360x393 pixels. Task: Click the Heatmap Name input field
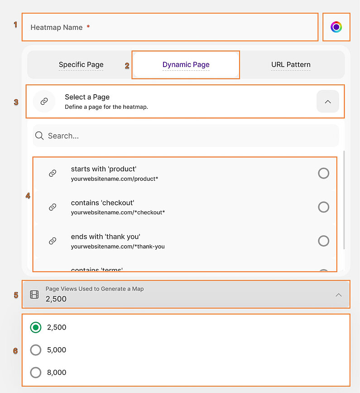(x=170, y=27)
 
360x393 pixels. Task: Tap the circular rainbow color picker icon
(x=336, y=27)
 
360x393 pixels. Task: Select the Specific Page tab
(x=81, y=64)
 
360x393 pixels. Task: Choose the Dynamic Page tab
(x=186, y=64)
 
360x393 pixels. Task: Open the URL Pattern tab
(x=291, y=64)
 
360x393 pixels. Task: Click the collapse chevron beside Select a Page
(x=328, y=102)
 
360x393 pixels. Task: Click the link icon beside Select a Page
(x=44, y=102)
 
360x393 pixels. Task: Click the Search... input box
(x=190, y=136)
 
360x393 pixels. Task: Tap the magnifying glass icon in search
(x=40, y=136)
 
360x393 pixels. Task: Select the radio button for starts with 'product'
(x=323, y=173)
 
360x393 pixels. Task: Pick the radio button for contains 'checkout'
(x=323, y=207)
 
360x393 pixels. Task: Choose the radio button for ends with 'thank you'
(x=323, y=241)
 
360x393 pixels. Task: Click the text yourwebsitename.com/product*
(x=114, y=179)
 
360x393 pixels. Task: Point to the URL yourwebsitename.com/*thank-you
(x=118, y=247)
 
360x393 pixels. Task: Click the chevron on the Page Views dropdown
(x=338, y=295)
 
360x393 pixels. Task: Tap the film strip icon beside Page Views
(x=34, y=295)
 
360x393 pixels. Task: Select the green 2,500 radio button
(x=36, y=327)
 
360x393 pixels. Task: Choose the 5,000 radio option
(x=36, y=350)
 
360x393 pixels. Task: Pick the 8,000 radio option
(x=36, y=373)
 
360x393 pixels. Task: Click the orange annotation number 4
(x=28, y=196)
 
